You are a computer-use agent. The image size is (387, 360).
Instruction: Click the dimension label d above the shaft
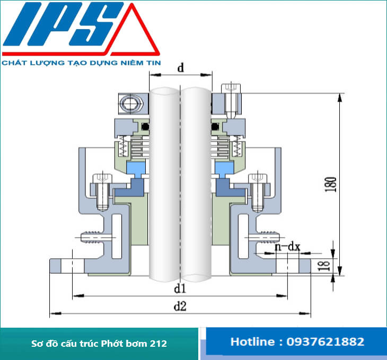[x=180, y=68]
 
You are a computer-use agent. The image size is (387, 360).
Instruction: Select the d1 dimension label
[x=180, y=289]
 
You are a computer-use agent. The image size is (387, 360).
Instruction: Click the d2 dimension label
[x=180, y=307]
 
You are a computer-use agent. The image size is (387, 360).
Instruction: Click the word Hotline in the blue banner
[x=251, y=342]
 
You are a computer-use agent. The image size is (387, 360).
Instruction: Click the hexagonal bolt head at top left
[x=129, y=102]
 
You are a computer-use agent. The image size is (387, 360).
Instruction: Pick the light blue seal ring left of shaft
[x=137, y=170]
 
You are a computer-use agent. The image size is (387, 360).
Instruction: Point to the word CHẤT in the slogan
[x=13, y=63]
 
